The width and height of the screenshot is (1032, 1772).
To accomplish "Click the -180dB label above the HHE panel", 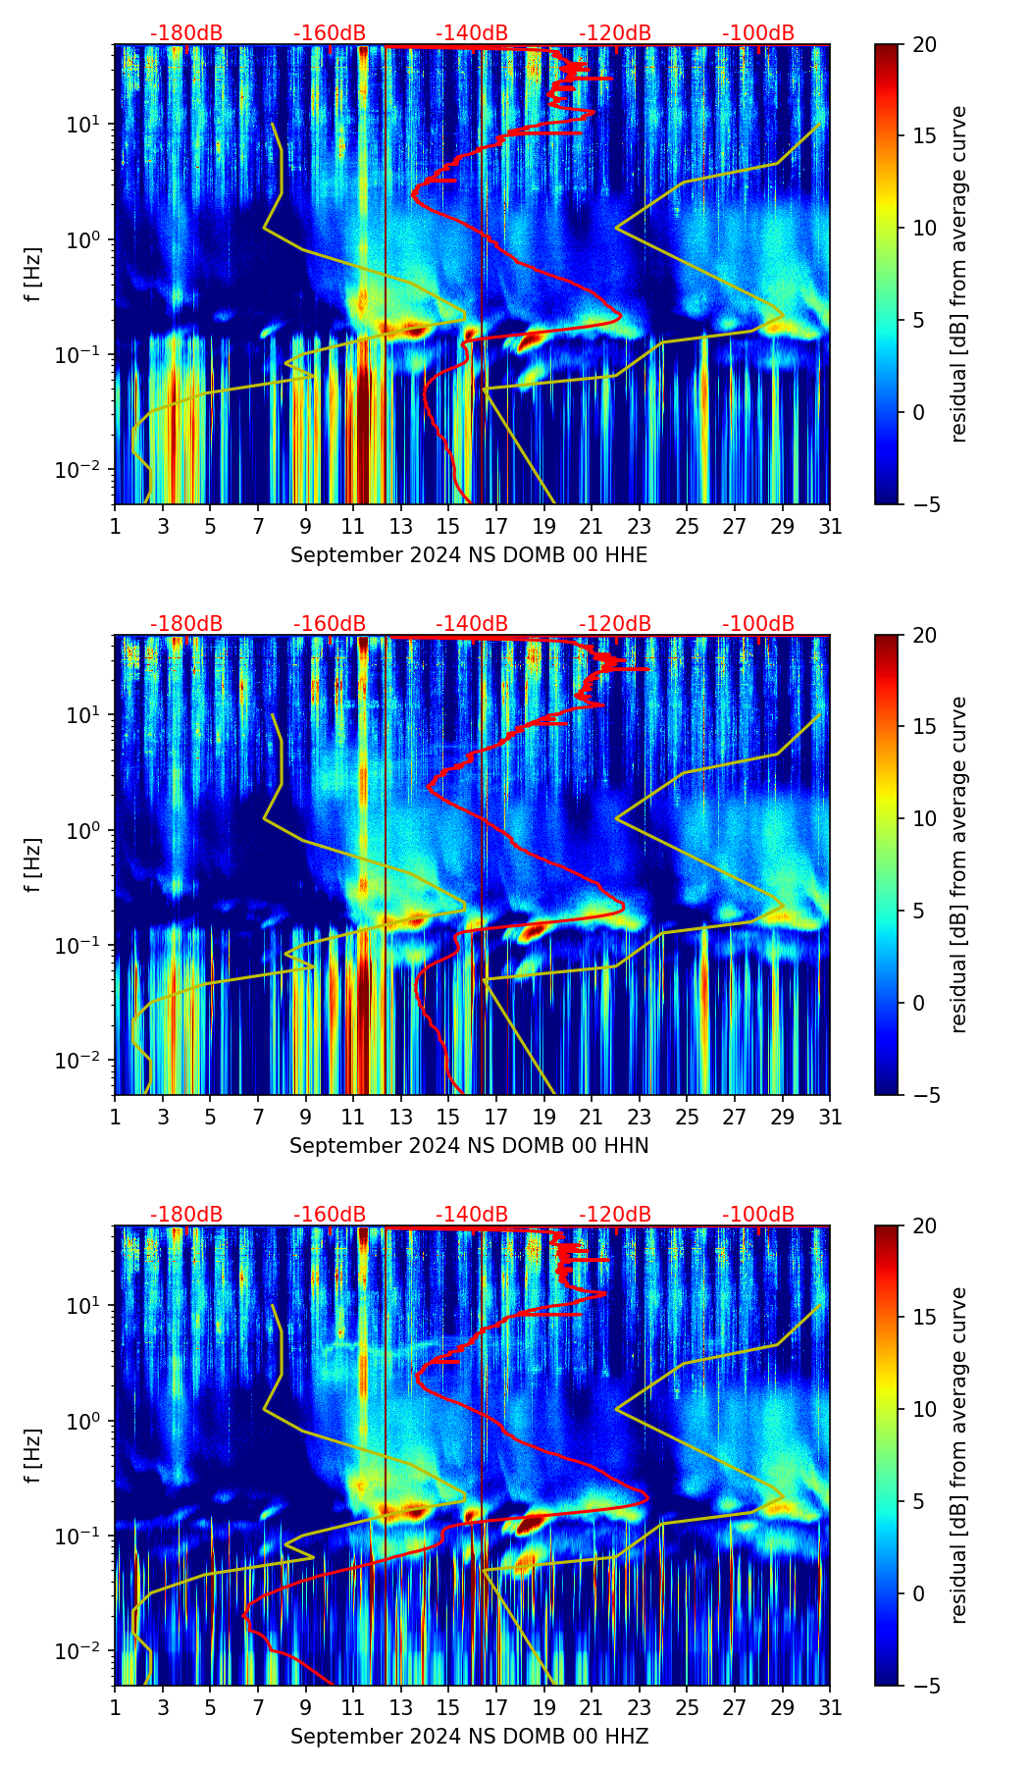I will click(186, 33).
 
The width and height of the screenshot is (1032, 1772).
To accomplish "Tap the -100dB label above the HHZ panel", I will click(758, 1215).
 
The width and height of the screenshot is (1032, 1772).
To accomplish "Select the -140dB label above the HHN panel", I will click(472, 624).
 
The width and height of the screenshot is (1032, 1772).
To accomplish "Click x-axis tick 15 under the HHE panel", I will click(447, 526).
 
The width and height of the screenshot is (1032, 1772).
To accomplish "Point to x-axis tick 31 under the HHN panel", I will click(830, 1117).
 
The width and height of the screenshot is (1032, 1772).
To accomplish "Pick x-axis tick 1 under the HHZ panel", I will click(115, 1707).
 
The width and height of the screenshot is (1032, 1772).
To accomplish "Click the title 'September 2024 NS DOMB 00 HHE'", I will click(469, 555).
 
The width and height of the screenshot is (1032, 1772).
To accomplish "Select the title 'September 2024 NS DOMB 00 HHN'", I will click(469, 1146).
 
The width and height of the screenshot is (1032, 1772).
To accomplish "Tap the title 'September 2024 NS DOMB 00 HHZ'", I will click(469, 1737).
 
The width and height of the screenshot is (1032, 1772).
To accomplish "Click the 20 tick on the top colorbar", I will click(924, 44).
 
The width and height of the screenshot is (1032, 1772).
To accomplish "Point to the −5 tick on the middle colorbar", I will click(924, 1095).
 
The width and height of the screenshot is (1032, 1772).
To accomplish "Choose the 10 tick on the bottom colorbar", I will click(924, 1409).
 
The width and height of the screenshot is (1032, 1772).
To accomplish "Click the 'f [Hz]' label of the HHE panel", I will click(33, 275).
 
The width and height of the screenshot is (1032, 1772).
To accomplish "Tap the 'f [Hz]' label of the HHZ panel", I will click(33, 1456).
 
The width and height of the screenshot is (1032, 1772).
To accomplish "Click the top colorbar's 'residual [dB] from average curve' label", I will click(959, 275).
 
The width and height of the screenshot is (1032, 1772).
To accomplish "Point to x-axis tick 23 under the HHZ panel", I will click(639, 1707).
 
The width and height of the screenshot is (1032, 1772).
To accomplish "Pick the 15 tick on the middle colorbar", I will click(924, 726).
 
